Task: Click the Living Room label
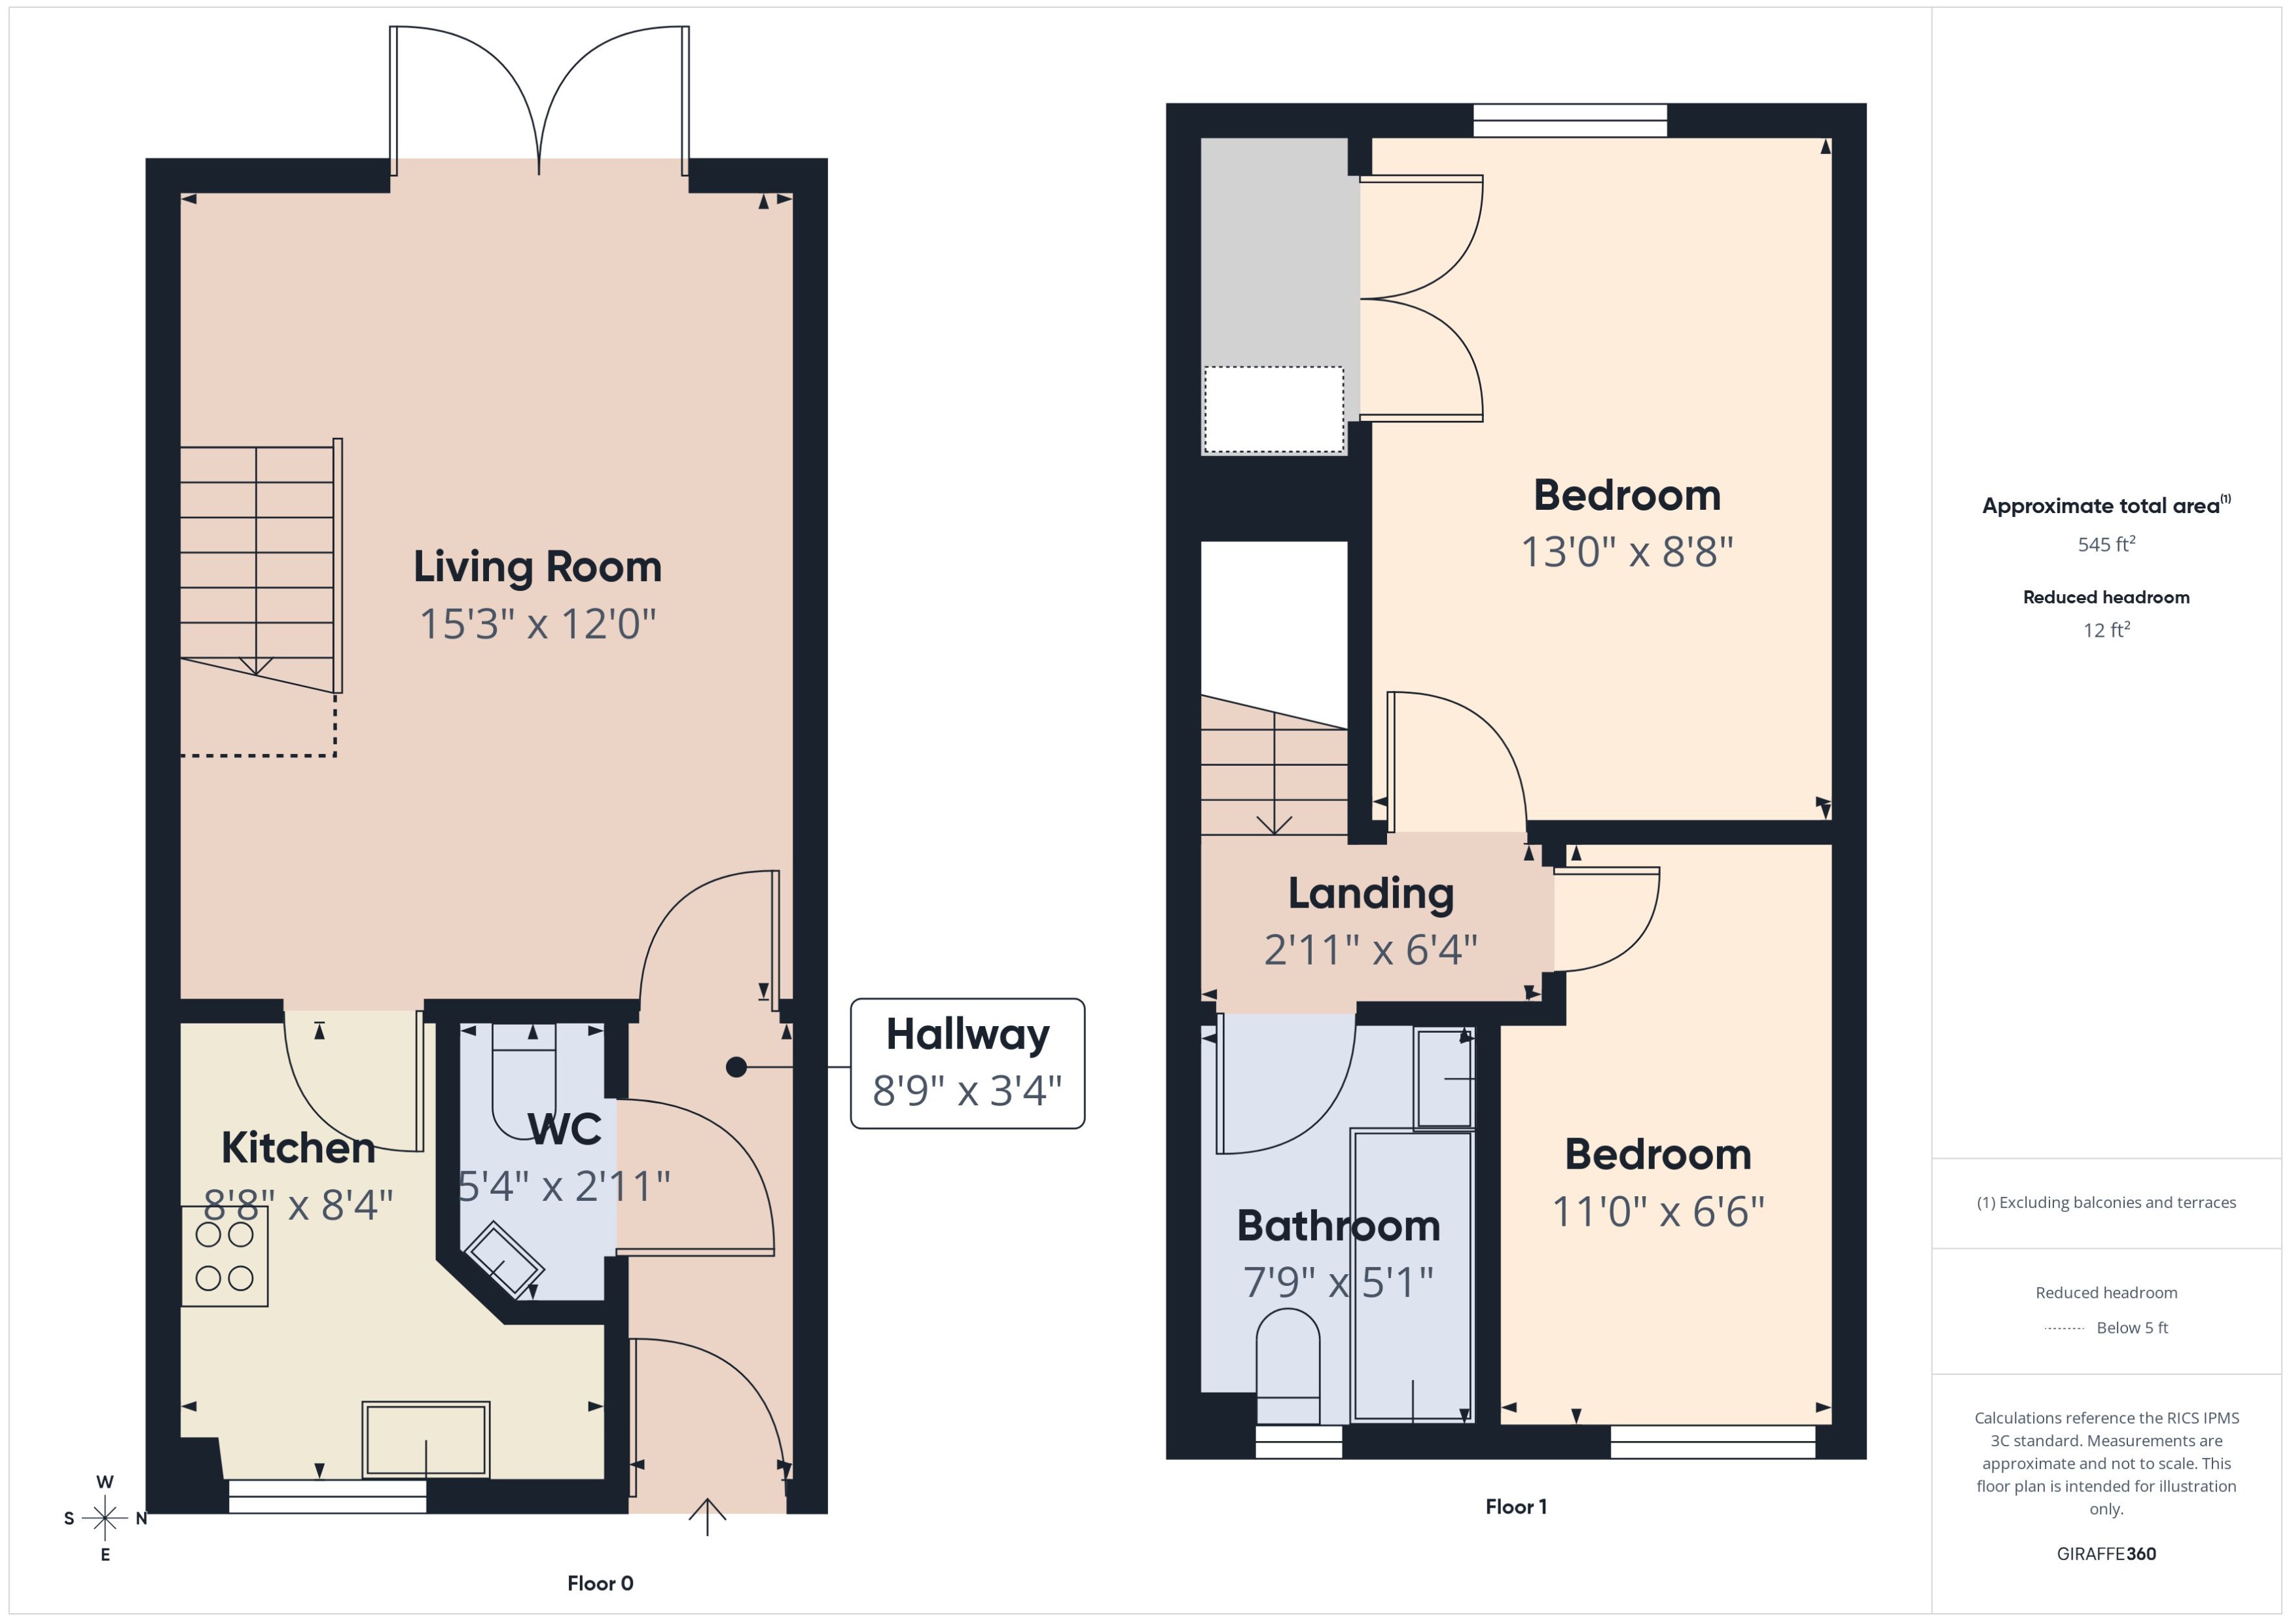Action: point(537,567)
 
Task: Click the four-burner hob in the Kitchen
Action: point(225,1256)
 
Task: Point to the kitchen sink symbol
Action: point(425,1440)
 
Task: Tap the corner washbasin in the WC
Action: point(503,1260)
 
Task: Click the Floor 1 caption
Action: point(1515,1507)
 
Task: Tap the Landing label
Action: point(1371,893)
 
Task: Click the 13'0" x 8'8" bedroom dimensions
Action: point(1626,552)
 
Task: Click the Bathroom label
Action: point(1338,1226)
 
